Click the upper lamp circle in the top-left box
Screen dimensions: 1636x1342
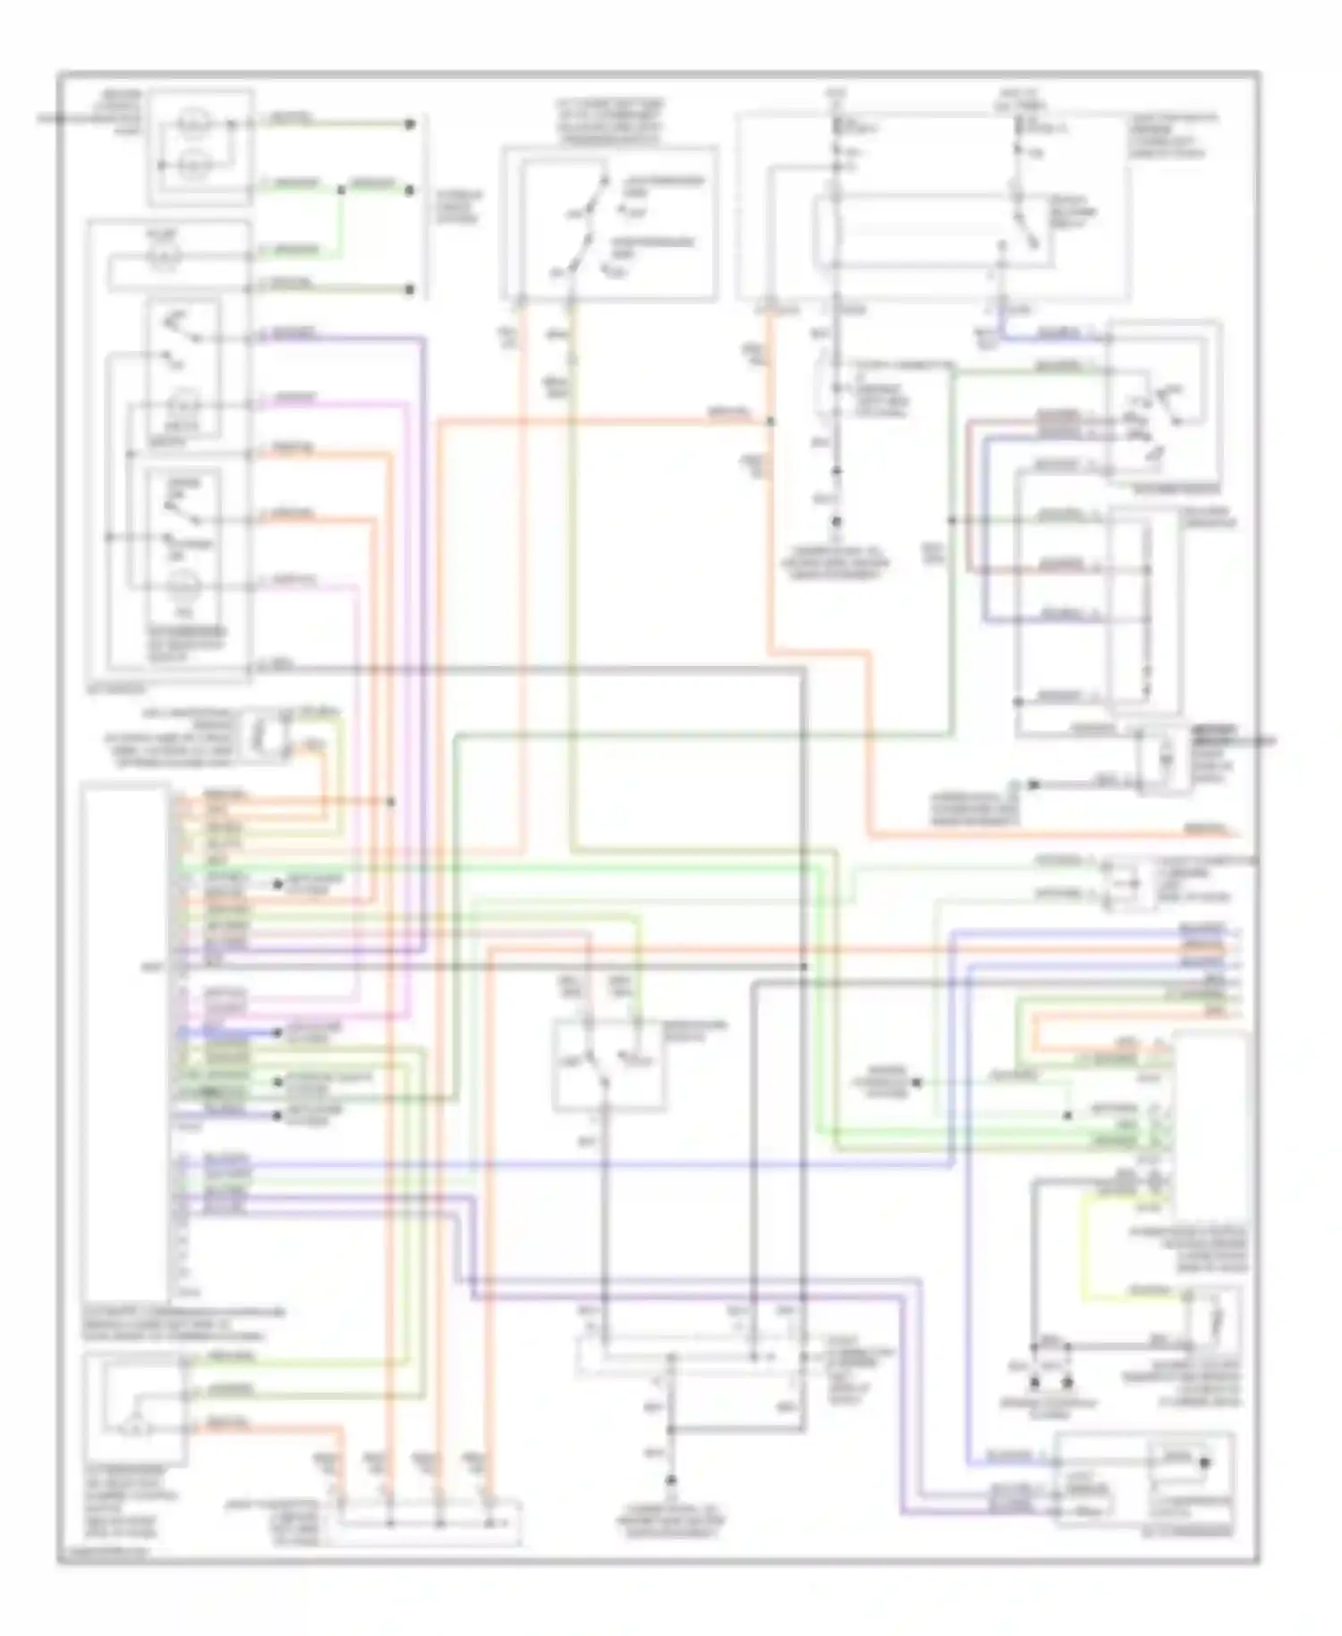[191, 124]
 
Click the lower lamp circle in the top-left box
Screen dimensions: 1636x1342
[191, 166]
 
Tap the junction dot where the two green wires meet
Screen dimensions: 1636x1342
[341, 190]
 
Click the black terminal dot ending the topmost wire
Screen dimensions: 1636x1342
[411, 124]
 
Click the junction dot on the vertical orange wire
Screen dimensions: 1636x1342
[770, 421]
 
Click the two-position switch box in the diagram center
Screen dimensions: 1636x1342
[608, 1065]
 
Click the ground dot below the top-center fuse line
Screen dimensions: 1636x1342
[837, 521]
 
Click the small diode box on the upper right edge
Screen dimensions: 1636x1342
[1164, 758]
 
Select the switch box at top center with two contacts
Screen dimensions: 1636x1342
[609, 223]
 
